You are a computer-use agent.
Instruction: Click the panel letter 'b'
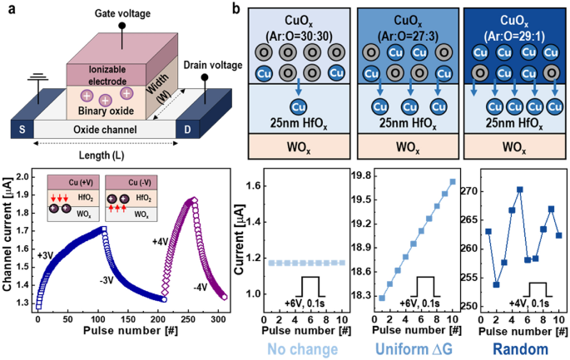coord(238,9)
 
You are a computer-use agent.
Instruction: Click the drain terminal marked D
coord(211,131)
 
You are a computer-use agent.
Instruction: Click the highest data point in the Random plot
coord(519,190)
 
